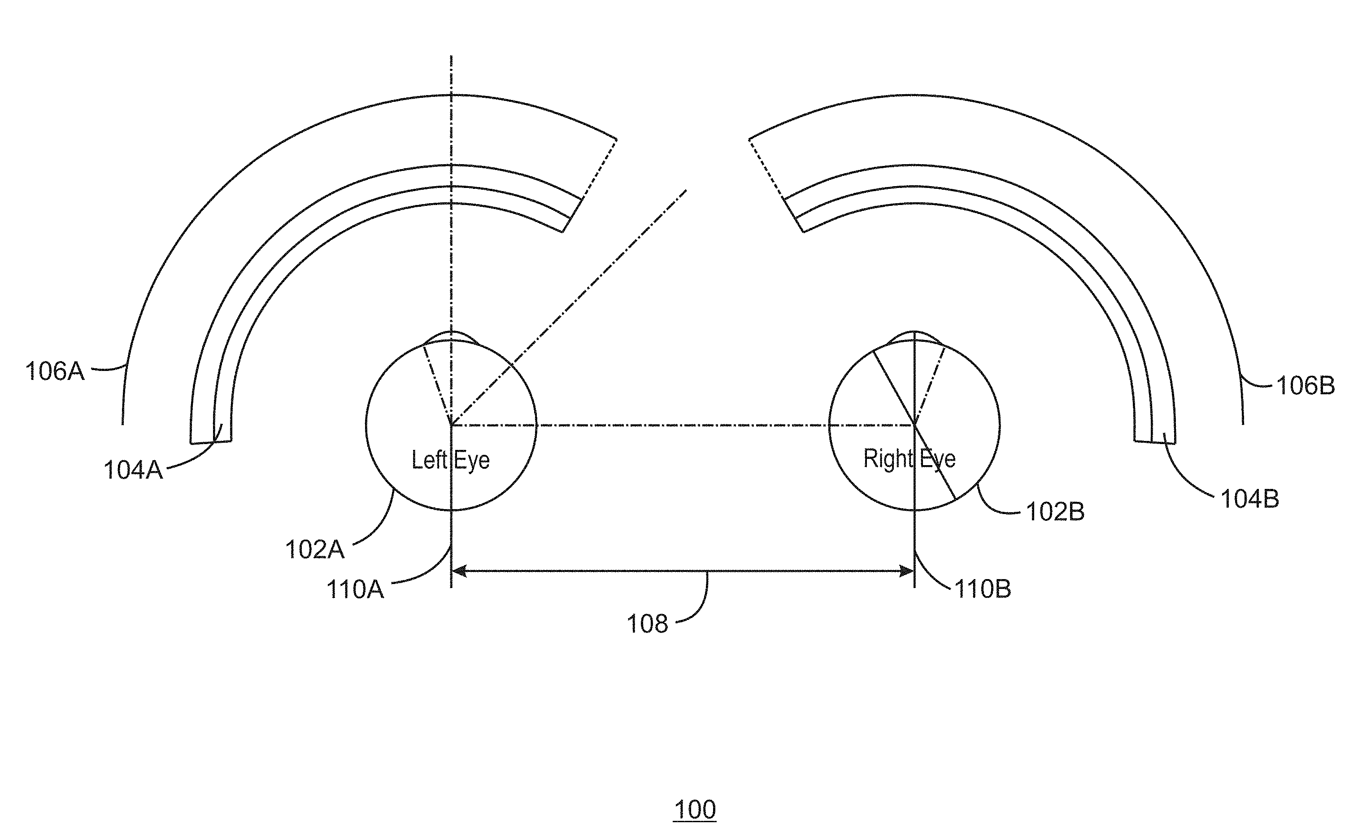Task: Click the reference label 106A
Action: click(x=55, y=371)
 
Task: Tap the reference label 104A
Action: click(x=133, y=470)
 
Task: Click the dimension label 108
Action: click(x=648, y=624)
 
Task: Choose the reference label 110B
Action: click(x=983, y=589)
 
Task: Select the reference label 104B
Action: click(x=1250, y=499)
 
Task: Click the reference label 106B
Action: click(x=1306, y=385)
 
